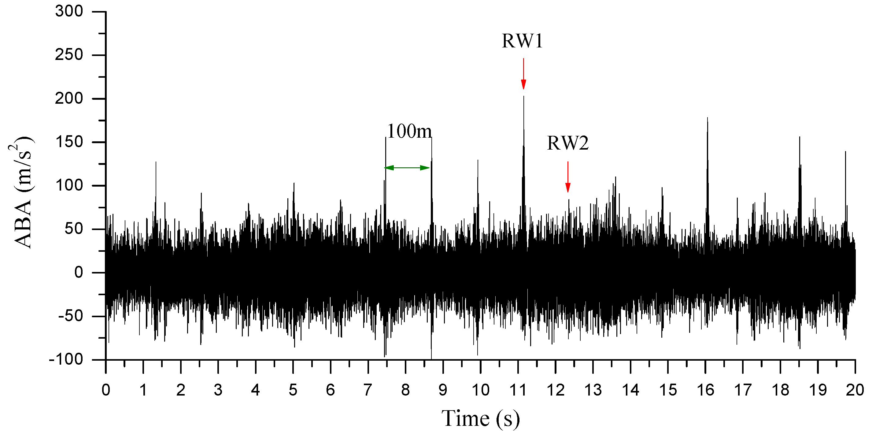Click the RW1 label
click(x=522, y=41)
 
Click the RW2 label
click(x=568, y=143)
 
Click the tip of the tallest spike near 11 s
click(x=524, y=97)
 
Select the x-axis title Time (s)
click(x=480, y=418)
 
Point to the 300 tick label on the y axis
click(x=69, y=12)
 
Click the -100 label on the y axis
click(x=66, y=359)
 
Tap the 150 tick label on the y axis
click(x=69, y=142)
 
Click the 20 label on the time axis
click(x=855, y=390)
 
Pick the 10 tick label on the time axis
click(x=480, y=390)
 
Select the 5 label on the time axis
click(x=293, y=390)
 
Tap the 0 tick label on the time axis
click(x=106, y=390)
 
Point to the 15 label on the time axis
click(x=668, y=390)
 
